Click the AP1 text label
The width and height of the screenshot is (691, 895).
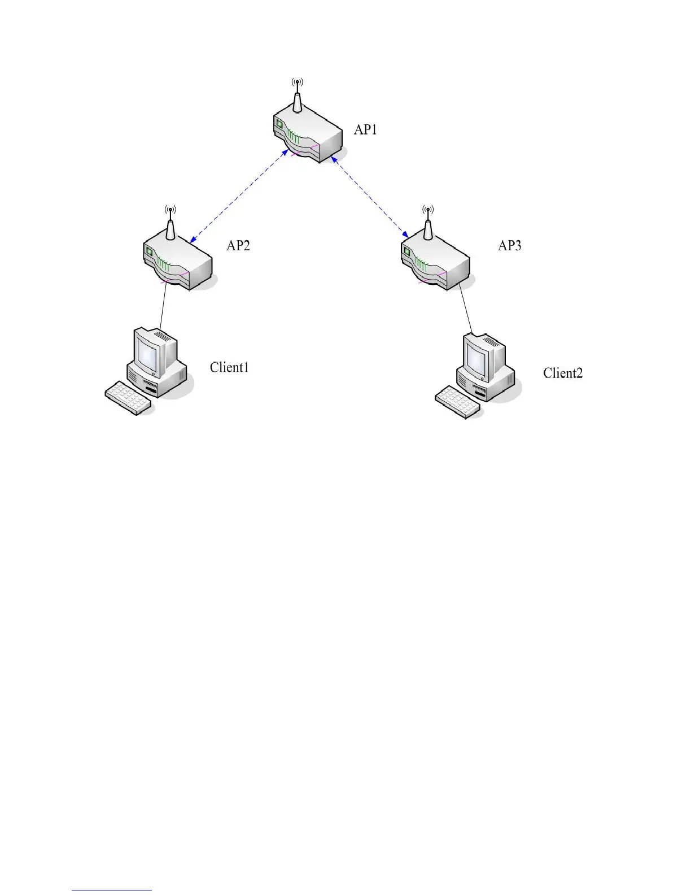click(365, 130)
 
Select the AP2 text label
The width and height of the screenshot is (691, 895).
click(238, 245)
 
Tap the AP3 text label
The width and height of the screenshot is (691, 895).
click(509, 245)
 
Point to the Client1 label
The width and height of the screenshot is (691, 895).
click(229, 367)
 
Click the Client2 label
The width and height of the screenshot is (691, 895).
click(563, 373)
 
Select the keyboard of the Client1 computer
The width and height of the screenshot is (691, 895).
click(129, 398)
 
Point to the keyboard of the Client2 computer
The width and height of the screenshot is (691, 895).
click(458, 402)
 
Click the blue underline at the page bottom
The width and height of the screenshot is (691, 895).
click(112, 890)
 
